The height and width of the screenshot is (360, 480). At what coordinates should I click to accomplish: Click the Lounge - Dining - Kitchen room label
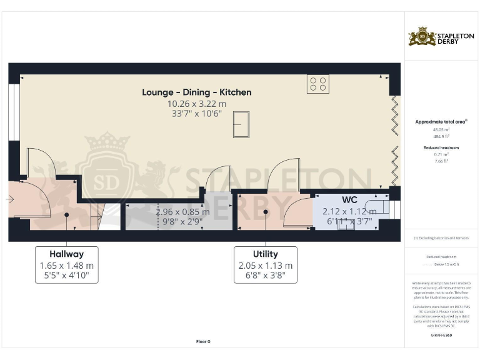[x=196, y=92]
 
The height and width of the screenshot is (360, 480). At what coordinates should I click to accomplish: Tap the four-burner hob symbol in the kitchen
[x=317, y=84]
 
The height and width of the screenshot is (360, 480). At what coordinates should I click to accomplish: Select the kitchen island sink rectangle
[x=241, y=124]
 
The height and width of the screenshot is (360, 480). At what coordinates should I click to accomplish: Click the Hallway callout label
[x=66, y=254]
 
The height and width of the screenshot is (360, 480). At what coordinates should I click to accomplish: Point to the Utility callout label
[x=265, y=254]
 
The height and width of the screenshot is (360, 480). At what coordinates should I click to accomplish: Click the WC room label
[x=349, y=201]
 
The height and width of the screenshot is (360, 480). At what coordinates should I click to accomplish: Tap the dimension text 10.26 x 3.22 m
[x=196, y=104]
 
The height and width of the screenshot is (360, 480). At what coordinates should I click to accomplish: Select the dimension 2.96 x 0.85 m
[x=182, y=212]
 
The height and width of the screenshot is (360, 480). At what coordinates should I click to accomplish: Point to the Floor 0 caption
[x=203, y=342]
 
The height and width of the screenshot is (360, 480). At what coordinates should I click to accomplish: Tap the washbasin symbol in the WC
[x=346, y=224]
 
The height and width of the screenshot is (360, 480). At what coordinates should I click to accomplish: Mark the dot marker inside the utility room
[x=266, y=212]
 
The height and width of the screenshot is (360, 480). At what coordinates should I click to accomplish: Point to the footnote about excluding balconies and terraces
[x=441, y=238]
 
